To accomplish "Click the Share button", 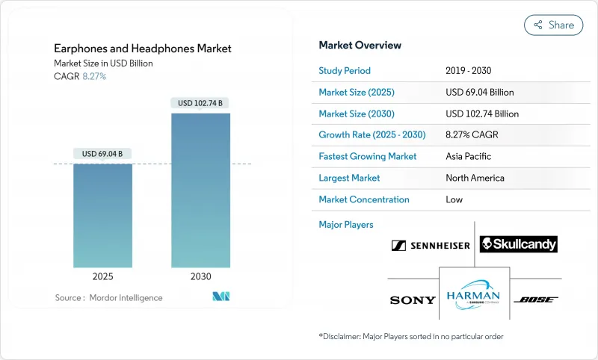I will point(553,25).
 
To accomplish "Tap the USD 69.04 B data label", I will point(102,154).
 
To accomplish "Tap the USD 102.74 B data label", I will point(200,103).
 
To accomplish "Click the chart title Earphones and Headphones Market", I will point(143,49).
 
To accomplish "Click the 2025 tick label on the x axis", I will point(102,276).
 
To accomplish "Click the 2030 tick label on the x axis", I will point(200,276).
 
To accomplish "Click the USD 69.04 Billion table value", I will point(479,93).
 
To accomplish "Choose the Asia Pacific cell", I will point(469,157).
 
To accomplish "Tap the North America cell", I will point(475,179).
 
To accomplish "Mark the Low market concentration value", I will point(454,199).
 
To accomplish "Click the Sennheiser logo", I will point(431,245).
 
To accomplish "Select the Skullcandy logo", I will point(518,244).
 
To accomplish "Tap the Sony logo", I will point(413,300).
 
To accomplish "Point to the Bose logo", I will point(536,300).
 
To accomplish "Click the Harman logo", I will point(474,294).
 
